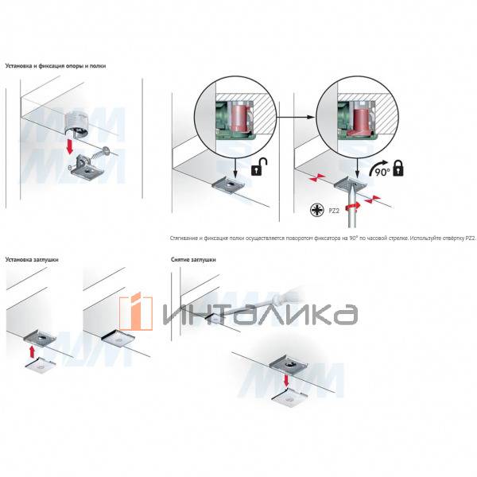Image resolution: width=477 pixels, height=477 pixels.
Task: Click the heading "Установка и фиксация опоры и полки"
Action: [55, 66]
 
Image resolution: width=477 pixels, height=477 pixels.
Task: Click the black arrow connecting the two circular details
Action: [296, 115]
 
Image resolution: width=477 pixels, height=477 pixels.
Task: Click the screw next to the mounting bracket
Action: [99, 153]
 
